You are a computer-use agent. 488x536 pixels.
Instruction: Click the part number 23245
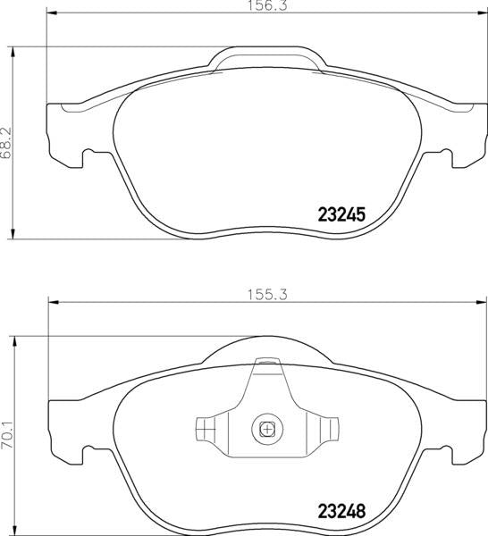[x=342, y=214]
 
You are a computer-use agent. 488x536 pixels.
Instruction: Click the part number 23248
[x=342, y=511]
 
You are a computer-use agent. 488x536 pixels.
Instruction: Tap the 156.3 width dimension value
[x=268, y=6]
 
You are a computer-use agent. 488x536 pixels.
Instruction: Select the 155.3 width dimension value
[x=268, y=295]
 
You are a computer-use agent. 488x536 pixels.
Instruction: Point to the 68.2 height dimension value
[x=6, y=143]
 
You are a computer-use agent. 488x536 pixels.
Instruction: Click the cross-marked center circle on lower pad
[x=267, y=429]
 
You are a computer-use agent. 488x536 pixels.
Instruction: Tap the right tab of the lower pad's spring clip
[x=329, y=428]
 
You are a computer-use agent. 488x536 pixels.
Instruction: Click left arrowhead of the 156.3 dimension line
[x=51, y=13]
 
